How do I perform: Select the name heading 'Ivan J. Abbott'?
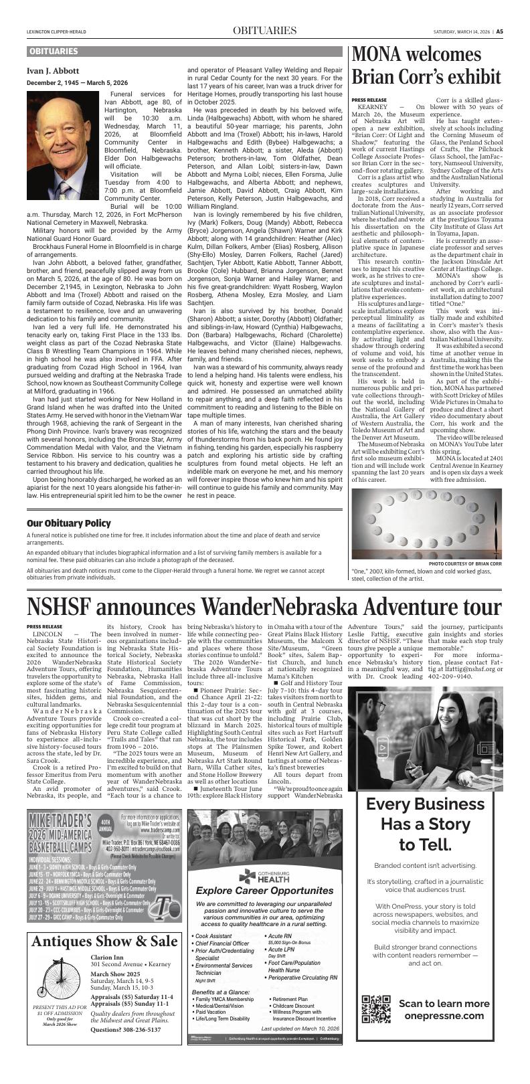click(53, 70)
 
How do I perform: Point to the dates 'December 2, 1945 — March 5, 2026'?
click(77, 82)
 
